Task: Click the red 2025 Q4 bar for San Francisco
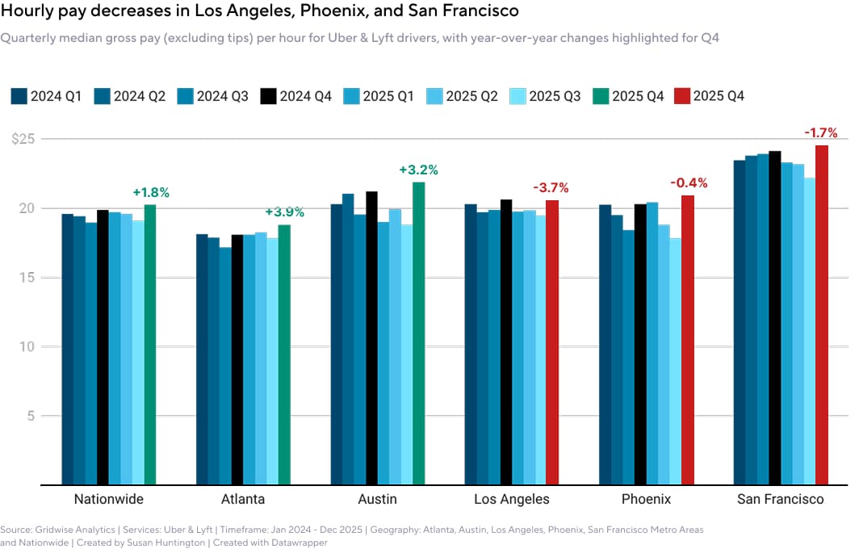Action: [x=821, y=315]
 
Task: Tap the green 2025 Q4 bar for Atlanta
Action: [x=284, y=354]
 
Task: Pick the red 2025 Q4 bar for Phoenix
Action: [x=687, y=340]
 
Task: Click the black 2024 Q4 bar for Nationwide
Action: [x=103, y=347]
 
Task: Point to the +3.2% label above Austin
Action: [x=418, y=170]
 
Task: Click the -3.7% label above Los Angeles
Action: [x=551, y=188]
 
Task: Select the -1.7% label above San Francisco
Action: [x=820, y=133]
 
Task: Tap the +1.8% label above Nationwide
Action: [x=151, y=193]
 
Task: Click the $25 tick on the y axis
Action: [x=23, y=139]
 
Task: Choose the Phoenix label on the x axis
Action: [x=647, y=499]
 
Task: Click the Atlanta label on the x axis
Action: [x=242, y=499]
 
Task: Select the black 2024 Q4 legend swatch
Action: [x=268, y=96]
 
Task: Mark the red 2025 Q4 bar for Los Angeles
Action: [x=552, y=342]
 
